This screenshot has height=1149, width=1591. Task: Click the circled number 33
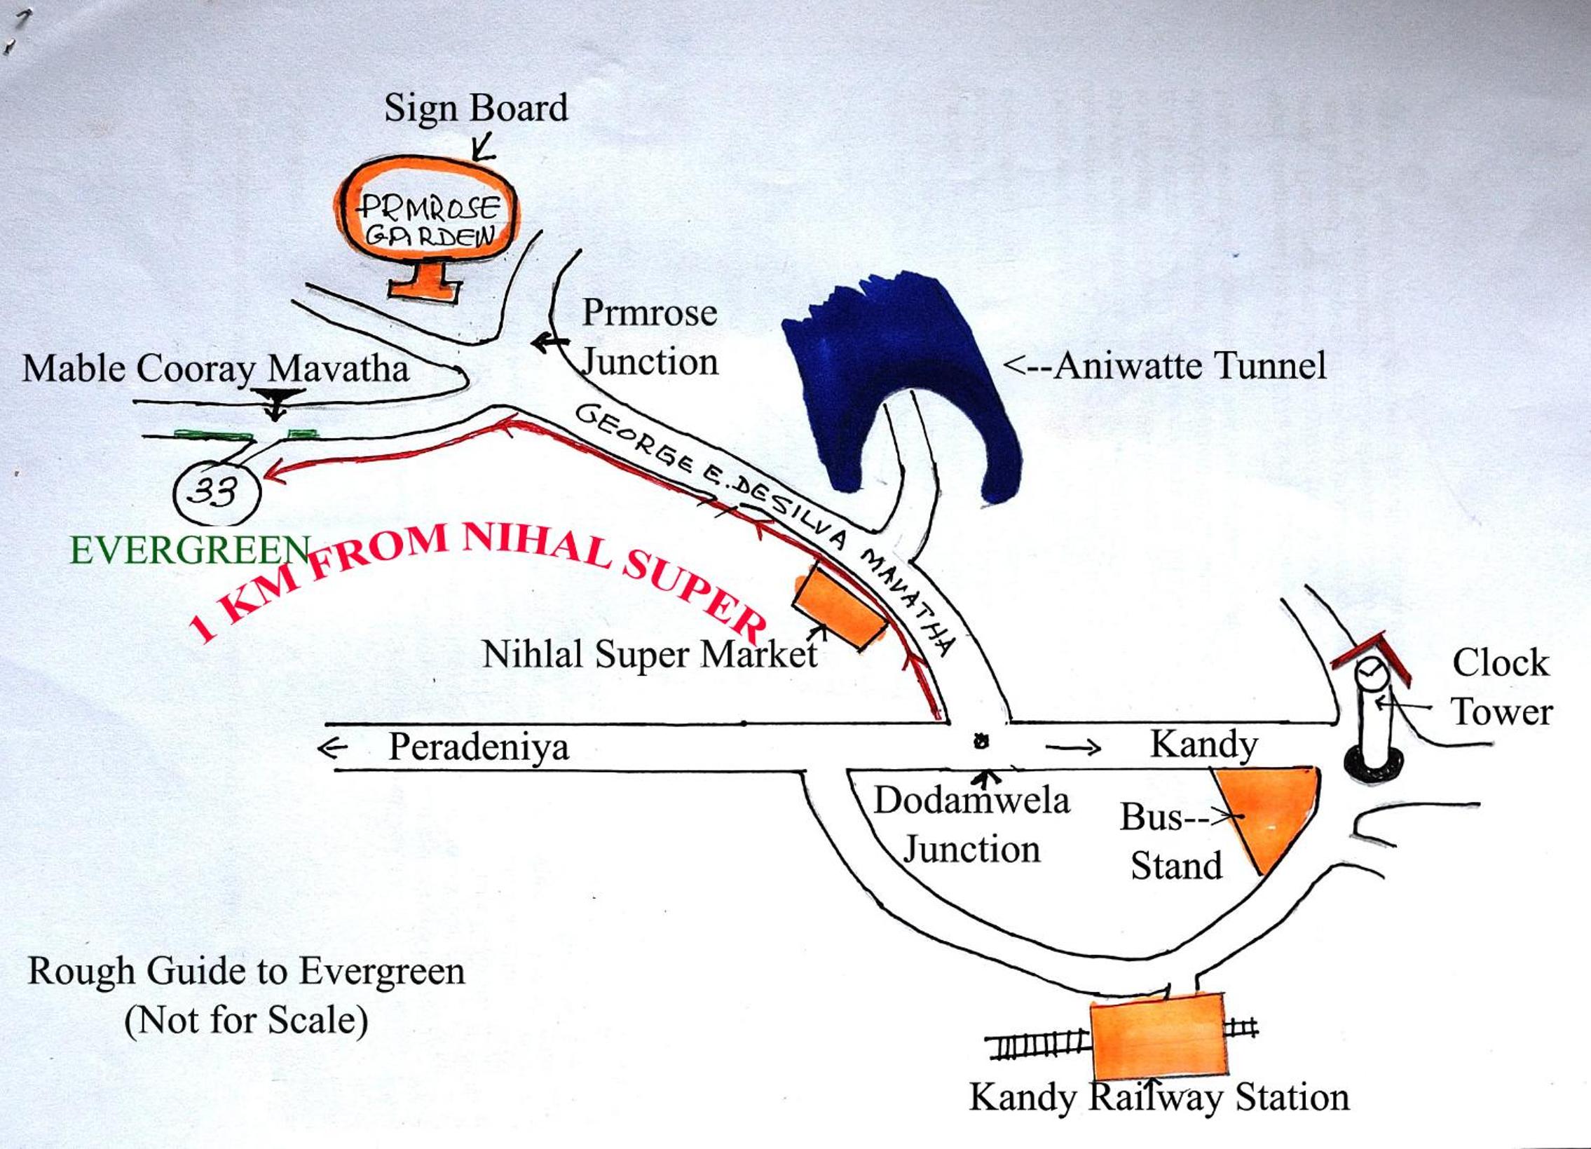click(x=216, y=491)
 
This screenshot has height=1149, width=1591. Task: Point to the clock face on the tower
click(x=1369, y=673)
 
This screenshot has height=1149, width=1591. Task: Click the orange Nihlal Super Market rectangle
click(x=840, y=608)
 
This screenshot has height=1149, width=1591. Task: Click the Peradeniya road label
click(x=479, y=747)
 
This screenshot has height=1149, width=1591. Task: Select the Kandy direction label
click(x=1204, y=745)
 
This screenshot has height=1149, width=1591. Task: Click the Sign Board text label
click(x=476, y=108)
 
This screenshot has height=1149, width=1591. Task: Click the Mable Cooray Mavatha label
click(x=215, y=369)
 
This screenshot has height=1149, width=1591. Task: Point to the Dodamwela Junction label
click(x=971, y=825)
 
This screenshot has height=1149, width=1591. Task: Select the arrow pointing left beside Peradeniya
click(x=332, y=749)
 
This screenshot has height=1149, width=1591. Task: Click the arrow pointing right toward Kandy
click(x=1073, y=749)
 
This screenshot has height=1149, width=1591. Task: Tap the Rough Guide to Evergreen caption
click(x=246, y=972)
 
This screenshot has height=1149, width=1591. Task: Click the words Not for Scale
click(x=246, y=1020)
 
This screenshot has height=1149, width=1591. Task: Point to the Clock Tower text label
click(x=1502, y=688)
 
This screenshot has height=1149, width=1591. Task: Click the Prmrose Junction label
click(x=650, y=337)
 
